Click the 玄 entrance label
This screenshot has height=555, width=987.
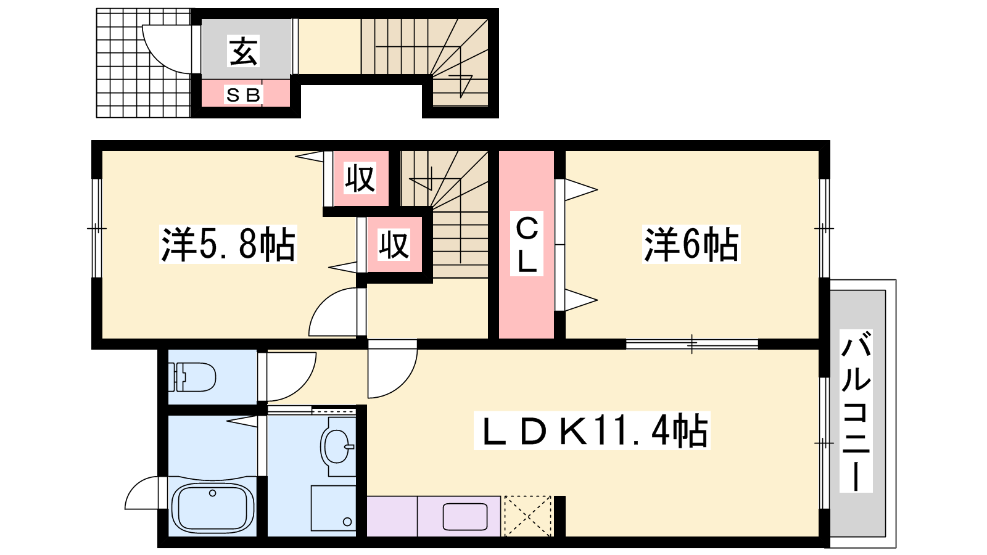[243, 51]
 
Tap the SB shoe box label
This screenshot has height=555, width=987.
[244, 95]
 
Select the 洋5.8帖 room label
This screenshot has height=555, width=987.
[228, 244]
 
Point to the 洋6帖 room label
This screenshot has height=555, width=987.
[692, 244]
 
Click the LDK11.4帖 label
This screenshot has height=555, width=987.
[592, 430]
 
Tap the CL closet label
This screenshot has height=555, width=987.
[527, 244]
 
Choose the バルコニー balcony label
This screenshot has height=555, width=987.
[856, 411]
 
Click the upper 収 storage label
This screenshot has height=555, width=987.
[360, 178]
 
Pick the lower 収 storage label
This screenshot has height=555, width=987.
[394, 244]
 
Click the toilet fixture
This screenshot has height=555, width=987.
[194, 377]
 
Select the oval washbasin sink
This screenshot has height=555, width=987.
[337, 446]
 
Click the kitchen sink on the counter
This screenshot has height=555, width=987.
[465, 516]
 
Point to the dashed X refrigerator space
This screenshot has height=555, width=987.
[527, 516]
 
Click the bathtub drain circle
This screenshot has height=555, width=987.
[213, 493]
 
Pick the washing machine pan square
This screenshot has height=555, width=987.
[333, 508]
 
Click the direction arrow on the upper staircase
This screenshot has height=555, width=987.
[461, 84]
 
